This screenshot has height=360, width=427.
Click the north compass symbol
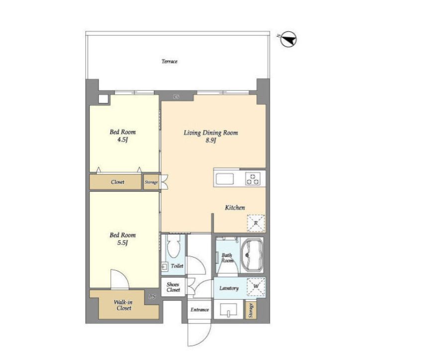[x=288, y=39]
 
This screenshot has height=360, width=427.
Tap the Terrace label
[x=169, y=61]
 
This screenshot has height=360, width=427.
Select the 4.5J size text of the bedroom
[x=122, y=140]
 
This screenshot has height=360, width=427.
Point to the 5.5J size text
[x=122, y=243]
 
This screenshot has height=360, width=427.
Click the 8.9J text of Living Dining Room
[x=211, y=140]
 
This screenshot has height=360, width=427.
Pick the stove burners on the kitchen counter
[x=252, y=179]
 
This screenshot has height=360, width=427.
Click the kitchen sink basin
[x=224, y=179]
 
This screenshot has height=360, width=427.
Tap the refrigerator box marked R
[x=256, y=223]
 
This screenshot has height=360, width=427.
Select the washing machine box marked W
[x=256, y=287]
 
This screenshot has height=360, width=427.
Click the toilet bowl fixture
[x=173, y=246]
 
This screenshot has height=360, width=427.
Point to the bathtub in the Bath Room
[x=252, y=255]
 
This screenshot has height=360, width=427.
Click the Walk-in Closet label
[x=123, y=305]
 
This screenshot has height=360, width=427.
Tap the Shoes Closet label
[x=173, y=287]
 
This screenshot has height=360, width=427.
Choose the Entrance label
[x=200, y=310]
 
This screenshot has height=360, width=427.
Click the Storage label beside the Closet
[x=151, y=182]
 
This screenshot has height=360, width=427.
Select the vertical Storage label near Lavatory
[x=250, y=310]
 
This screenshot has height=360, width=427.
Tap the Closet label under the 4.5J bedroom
[x=117, y=182]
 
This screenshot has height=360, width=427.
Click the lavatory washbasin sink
[x=228, y=310]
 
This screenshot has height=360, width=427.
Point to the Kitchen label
[x=235, y=208]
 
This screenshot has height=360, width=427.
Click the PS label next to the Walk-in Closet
[x=152, y=296]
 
